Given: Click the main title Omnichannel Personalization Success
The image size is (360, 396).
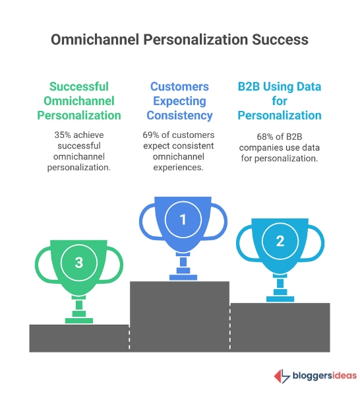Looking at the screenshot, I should click(x=179, y=39).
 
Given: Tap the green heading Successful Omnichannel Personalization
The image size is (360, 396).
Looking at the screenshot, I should click(x=78, y=100).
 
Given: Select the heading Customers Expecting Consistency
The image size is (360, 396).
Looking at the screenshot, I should click(x=179, y=100).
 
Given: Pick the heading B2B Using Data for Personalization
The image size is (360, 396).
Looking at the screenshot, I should click(x=280, y=100).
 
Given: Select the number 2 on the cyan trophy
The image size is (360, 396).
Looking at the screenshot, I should click(x=280, y=241).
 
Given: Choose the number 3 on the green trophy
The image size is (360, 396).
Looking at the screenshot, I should click(x=78, y=262).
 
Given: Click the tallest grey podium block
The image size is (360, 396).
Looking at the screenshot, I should click(x=179, y=315).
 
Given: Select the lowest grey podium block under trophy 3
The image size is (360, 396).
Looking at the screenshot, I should click(x=78, y=337).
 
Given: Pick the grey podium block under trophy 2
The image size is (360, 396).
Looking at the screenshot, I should click(x=280, y=327).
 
